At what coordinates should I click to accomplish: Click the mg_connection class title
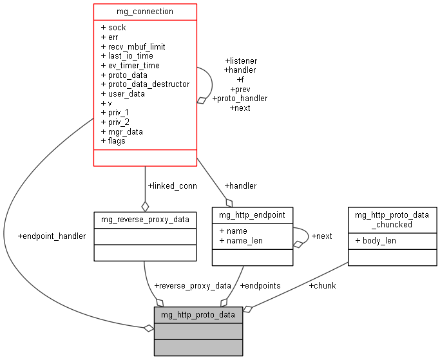click(145, 12)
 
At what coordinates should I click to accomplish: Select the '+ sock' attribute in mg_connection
click(113, 28)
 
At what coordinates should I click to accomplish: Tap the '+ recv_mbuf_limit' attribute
click(133, 46)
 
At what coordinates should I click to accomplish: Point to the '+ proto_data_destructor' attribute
click(145, 84)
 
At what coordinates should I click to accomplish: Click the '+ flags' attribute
click(113, 141)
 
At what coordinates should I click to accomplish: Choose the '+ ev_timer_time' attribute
click(130, 66)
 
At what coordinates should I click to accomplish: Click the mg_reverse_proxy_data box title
click(145, 220)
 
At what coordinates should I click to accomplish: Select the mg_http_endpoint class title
click(253, 215)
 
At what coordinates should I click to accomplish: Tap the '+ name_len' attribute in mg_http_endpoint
click(241, 240)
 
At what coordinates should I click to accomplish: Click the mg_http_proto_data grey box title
click(198, 315)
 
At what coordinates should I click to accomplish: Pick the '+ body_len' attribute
click(376, 240)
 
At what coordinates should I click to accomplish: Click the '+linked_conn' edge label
click(172, 185)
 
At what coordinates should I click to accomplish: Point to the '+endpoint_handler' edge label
click(52, 236)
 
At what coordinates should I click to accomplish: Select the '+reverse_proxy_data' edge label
click(192, 285)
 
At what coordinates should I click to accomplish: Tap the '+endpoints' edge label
click(260, 285)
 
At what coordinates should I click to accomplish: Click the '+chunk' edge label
click(322, 285)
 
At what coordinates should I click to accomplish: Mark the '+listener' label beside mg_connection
click(240, 61)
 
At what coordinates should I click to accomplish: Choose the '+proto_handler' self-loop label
click(240, 99)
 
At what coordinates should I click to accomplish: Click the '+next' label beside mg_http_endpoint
click(321, 236)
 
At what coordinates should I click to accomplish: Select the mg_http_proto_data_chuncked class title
click(392, 220)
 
